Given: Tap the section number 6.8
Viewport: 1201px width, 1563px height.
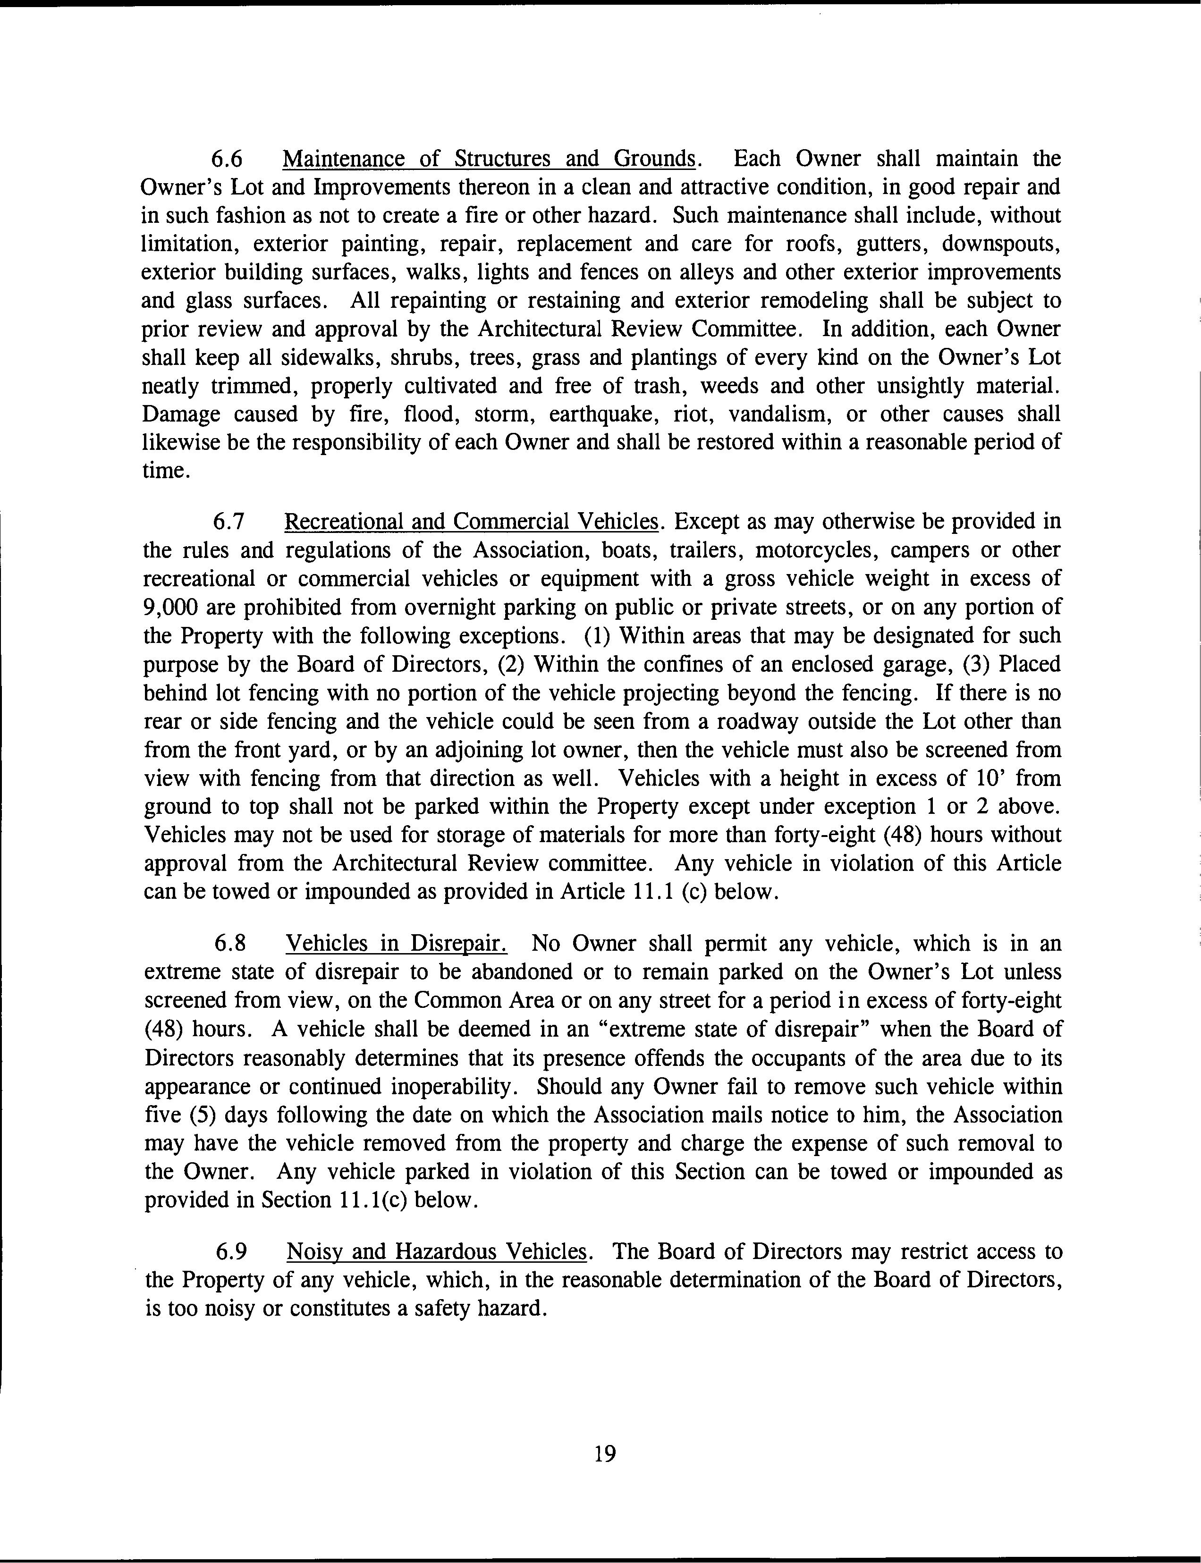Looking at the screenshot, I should (231, 944).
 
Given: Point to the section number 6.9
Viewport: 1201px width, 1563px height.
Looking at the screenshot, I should (231, 1251).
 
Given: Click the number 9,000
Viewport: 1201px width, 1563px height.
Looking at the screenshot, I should (170, 608).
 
